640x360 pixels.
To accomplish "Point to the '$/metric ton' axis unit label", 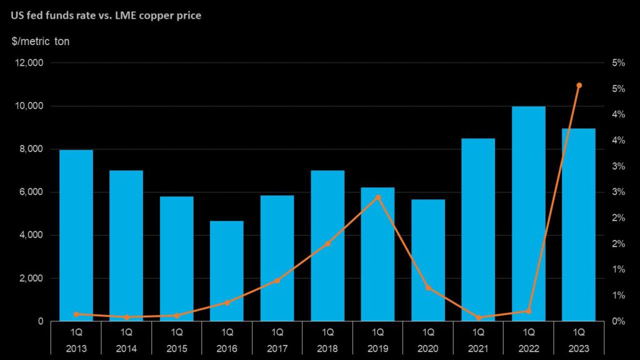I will coord(41,41).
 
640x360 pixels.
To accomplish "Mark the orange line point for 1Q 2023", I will coord(579,85).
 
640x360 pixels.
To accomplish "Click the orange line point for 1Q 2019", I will coord(378,197).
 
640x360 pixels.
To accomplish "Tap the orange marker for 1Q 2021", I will coord(479,317).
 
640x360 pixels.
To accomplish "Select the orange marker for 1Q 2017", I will coord(277,281).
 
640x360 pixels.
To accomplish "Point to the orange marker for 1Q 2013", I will coord(76,314).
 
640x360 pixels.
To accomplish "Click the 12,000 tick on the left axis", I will coord(29,63).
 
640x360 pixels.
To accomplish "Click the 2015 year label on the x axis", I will coord(177,348).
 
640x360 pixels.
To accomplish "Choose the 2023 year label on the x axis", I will coord(579,348).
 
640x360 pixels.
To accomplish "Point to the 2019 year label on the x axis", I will coord(378,348).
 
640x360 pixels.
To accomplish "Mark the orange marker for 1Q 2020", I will coord(428,287).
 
